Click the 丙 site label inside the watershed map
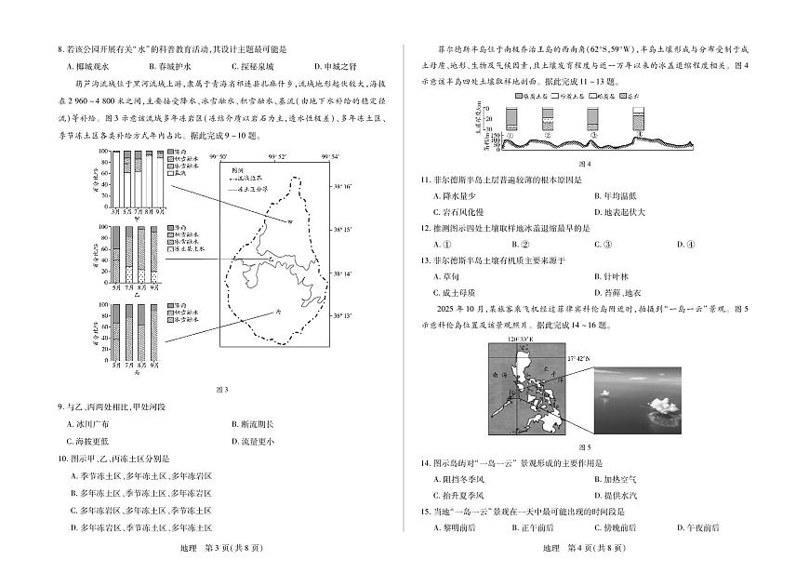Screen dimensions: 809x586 click(x=276, y=313)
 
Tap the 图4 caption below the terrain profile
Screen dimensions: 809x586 click(x=585, y=164)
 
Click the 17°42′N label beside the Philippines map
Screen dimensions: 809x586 click(x=578, y=356)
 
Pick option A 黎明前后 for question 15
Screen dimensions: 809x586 click(x=455, y=527)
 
